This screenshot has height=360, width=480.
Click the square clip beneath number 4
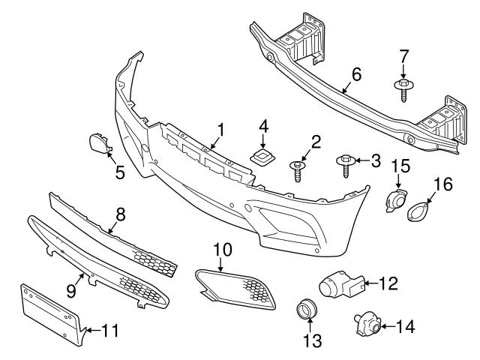point(262,157)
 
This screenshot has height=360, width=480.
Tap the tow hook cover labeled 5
point(97,142)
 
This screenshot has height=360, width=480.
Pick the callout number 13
point(311,341)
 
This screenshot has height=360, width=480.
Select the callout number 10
point(223,247)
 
